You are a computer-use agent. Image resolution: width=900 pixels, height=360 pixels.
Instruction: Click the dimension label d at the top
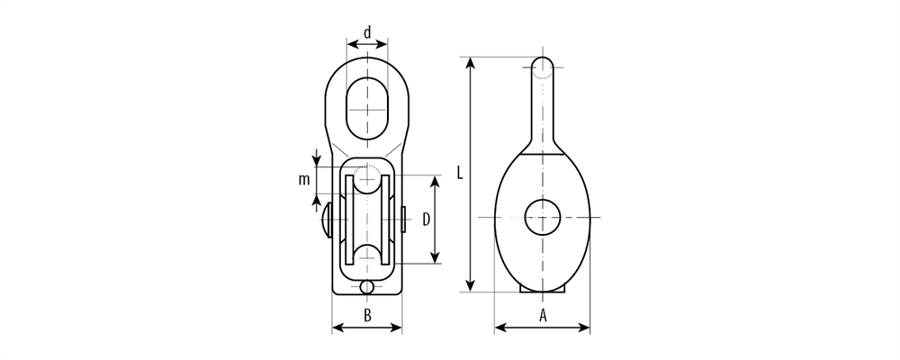[x=367, y=33]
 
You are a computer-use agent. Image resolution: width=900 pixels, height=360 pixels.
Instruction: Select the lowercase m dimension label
[x=304, y=179]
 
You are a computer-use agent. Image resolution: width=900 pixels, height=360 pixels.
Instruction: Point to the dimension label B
[x=367, y=315]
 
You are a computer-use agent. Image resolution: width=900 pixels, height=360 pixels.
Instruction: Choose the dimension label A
[x=543, y=315]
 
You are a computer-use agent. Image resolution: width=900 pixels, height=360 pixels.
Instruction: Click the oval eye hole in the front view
[x=367, y=108]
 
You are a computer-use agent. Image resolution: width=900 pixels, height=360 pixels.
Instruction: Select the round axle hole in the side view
[x=543, y=217]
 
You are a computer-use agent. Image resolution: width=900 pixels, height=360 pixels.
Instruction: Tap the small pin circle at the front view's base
[x=367, y=287]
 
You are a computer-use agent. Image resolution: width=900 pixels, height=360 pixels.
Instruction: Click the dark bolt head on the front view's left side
[x=326, y=219]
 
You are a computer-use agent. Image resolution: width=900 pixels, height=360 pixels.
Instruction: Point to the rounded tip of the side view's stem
[x=543, y=67]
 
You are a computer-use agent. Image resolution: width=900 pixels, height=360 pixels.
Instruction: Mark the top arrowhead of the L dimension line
[x=470, y=62]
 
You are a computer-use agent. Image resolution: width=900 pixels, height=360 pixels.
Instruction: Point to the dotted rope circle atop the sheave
[x=367, y=178]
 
